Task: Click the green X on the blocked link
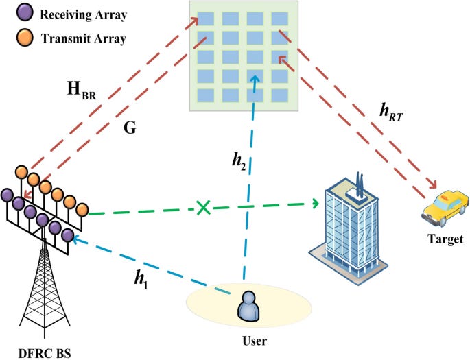(x=203, y=207)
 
